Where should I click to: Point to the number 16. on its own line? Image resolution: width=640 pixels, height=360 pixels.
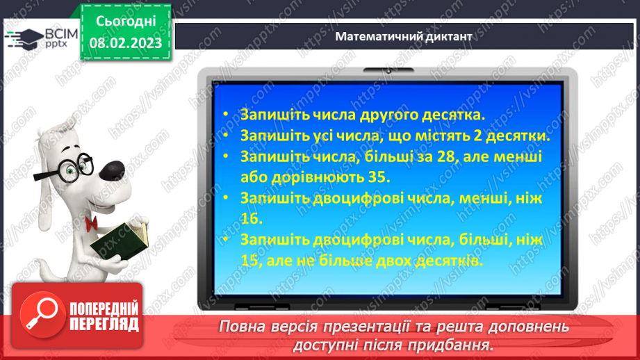(253, 218)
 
